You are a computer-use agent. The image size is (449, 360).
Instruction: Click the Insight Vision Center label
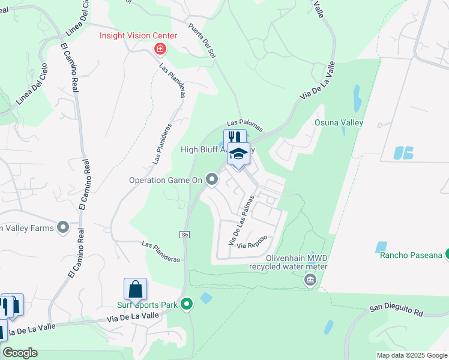tap(138, 35)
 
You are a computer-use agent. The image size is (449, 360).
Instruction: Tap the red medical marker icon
tap(160, 49)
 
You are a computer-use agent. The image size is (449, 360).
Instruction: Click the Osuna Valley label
tap(339, 122)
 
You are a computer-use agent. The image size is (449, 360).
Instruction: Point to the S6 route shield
tap(185, 235)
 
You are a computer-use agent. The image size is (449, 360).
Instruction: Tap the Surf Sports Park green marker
tap(187, 305)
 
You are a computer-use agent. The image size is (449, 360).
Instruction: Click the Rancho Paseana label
tap(411, 255)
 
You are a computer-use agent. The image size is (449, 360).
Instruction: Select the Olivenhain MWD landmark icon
tap(310, 280)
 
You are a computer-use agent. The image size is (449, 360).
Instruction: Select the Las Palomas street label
tap(244, 124)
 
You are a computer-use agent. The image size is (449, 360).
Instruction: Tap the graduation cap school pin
tap(238, 154)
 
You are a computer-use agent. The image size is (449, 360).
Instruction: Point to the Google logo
tap(20, 353)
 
